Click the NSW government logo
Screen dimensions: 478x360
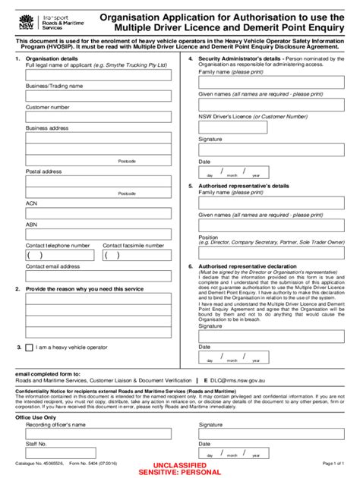click(28, 17)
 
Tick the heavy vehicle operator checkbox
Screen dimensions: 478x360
click(29, 347)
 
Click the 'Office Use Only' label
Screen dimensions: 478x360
click(36, 417)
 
